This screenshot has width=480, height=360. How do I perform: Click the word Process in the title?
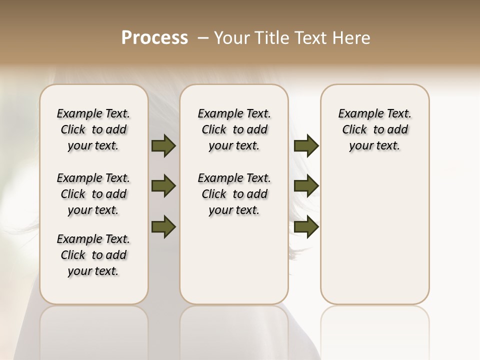pyautogui.click(x=154, y=38)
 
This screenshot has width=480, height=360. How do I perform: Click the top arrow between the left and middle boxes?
pyautogui.click(x=163, y=145)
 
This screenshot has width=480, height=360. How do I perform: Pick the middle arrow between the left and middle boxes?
pyautogui.click(x=163, y=186)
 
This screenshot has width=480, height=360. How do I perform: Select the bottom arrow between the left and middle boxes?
pyautogui.click(x=163, y=227)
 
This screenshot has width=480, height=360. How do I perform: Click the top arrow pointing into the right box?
pyautogui.click(x=306, y=145)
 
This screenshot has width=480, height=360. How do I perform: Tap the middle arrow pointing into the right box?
pyautogui.click(x=306, y=186)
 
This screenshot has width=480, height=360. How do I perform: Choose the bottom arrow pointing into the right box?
pyautogui.click(x=306, y=227)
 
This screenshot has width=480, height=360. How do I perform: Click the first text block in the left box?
pyautogui.click(x=93, y=129)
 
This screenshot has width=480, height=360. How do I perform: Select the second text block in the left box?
pyautogui.click(x=93, y=194)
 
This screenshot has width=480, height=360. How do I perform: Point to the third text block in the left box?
pyautogui.click(x=93, y=255)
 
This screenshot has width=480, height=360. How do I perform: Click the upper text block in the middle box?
pyautogui.click(x=234, y=129)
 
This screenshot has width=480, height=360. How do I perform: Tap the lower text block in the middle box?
pyautogui.click(x=234, y=194)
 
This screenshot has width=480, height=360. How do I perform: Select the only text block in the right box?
pyautogui.click(x=374, y=129)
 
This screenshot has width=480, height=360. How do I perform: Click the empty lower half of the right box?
pyautogui.click(x=374, y=235)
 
